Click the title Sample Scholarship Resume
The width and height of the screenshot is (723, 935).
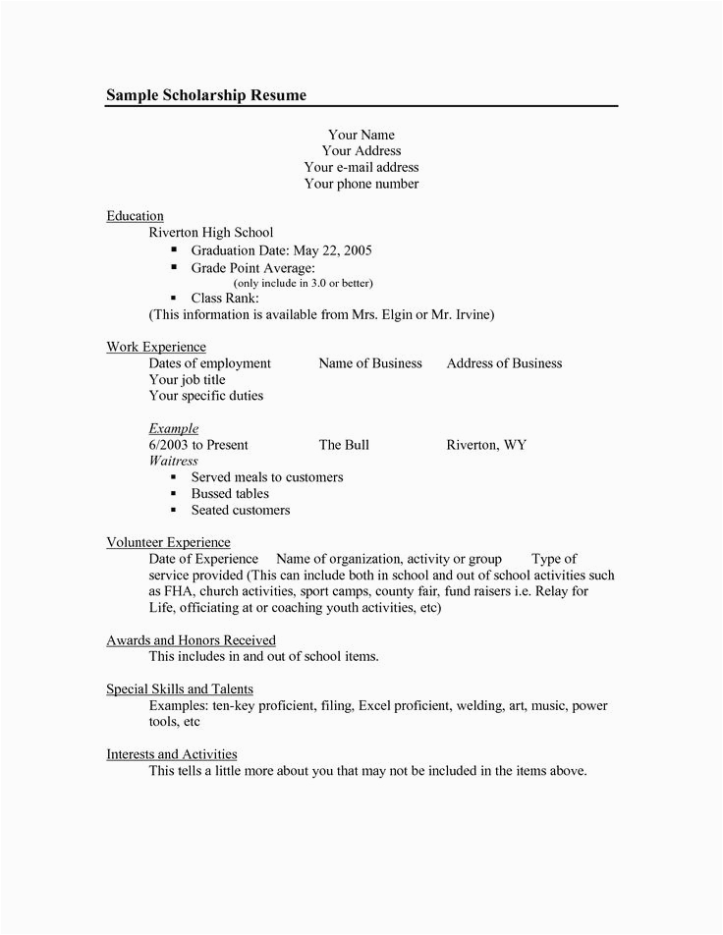[x=206, y=94]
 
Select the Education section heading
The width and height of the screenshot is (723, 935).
[x=135, y=215]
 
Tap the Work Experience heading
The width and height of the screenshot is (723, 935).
[x=156, y=346]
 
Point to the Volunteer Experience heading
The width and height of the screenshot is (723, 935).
[x=168, y=541]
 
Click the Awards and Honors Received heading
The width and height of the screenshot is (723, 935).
[x=191, y=639]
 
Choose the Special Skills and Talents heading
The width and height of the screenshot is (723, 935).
[x=180, y=688]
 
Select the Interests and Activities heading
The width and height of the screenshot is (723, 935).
[x=172, y=754]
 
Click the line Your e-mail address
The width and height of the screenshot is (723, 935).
[x=361, y=167]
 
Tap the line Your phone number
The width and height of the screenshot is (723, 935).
[x=361, y=184]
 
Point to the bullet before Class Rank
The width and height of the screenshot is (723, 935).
[x=173, y=298]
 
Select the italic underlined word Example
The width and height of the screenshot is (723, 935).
[x=174, y=428]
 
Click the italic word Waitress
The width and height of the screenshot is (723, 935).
[x=173, y=461]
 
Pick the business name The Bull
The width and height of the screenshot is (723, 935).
[x=344, y=445]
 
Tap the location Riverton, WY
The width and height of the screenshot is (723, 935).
[x=486, y=445]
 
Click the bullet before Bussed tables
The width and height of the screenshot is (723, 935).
[x=173, y=494]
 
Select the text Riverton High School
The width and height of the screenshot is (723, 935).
[x=210, y=233]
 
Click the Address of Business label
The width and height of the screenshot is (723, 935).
[x=504, y=362]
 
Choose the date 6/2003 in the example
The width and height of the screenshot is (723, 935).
[x=168, y=445]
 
